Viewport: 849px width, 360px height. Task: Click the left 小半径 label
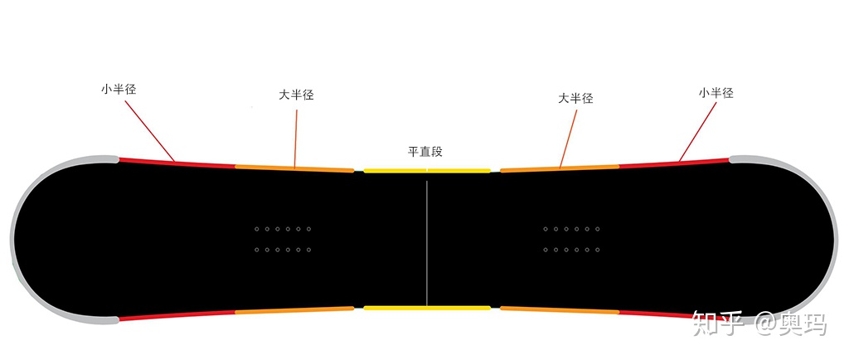(119, 89)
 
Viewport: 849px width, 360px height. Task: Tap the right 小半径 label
(716, 93)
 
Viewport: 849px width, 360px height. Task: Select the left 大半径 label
(296, 95)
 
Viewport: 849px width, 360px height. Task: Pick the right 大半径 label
(575, 98)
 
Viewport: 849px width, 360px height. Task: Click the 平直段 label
(425, 152)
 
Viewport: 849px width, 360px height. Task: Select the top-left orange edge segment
(294, 168)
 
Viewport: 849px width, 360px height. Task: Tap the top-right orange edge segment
(560, 168)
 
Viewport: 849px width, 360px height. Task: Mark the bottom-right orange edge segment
(560, 310)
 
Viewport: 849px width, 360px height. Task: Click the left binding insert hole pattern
(283, 239)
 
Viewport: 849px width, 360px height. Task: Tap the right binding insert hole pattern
(571, 239)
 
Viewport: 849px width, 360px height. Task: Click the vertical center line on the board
(427, 241)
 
